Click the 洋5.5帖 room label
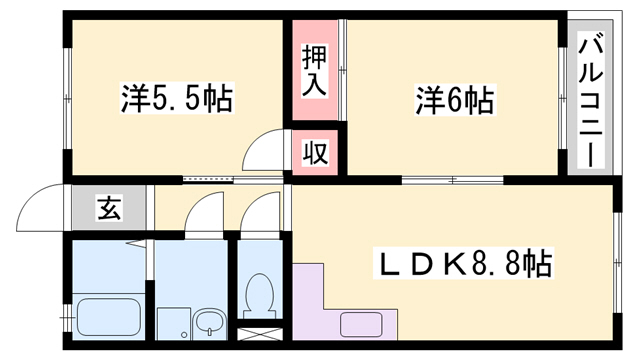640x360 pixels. pos(178,99)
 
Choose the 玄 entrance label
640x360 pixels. pos(107,210)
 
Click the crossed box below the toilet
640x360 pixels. pos(259,334)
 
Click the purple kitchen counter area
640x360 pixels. pos(316,305)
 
